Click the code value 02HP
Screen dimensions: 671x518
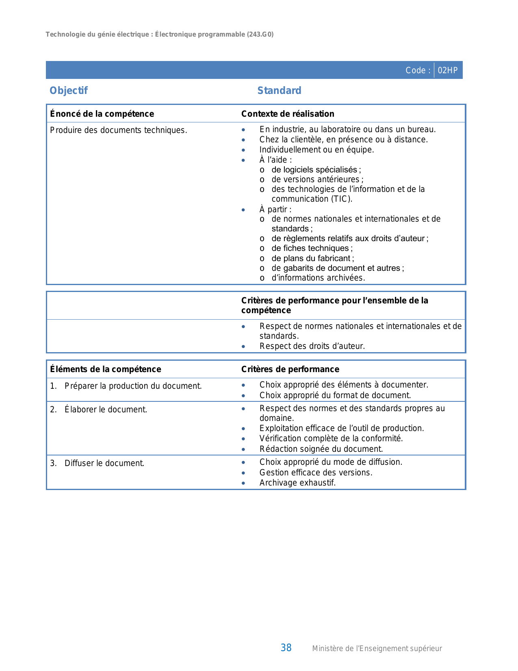(x=447, y=70)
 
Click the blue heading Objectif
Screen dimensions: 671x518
(x=68, y=91)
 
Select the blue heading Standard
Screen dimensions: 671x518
(x=279, y=91)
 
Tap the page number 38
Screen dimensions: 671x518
(x=286, y=648)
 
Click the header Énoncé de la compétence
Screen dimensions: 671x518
(x=102, y=114)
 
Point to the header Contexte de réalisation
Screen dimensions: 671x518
(x=288, y=114)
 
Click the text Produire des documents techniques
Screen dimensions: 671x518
(x=118, y=130)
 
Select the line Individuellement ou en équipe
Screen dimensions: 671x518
(x=316, y=150)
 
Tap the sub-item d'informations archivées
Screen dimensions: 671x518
(x=318, y=278)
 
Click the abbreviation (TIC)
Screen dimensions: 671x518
(x=341, y=199)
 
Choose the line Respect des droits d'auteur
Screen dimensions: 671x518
(x=312, y=346)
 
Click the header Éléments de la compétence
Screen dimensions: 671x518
(x=106, y=369)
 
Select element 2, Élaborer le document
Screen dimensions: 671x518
(x=106, y=410)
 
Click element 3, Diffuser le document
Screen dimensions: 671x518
(x=104, y=463)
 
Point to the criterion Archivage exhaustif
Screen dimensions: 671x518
(x=297, y=483)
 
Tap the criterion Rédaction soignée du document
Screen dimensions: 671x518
(x=321, y=449)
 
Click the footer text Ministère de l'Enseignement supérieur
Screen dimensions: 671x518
(x=377, y=649)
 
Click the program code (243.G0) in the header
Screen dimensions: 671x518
(x=260, y=35)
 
